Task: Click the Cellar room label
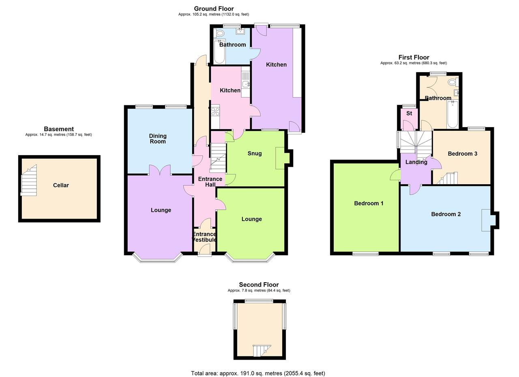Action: point(61,185)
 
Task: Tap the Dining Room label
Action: point(158,139)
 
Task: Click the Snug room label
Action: point(255,153)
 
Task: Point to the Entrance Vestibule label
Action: point(204,237)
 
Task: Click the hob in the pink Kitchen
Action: point(215,111)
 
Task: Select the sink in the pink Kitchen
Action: point(246,84)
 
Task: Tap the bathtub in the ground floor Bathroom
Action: point(219,52)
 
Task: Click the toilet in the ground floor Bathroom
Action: point(220,33)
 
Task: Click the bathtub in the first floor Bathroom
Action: point(453,114)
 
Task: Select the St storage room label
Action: point(409,113)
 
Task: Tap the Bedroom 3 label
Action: point(462,154)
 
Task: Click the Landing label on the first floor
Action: point(416,162)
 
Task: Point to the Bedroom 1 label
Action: point(369,203)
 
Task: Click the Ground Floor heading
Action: point(214,9)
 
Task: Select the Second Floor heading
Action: point(259,285)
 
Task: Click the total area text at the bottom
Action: point(258,373)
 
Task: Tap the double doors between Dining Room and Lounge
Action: point(160,170)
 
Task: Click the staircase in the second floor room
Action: point(261,350)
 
